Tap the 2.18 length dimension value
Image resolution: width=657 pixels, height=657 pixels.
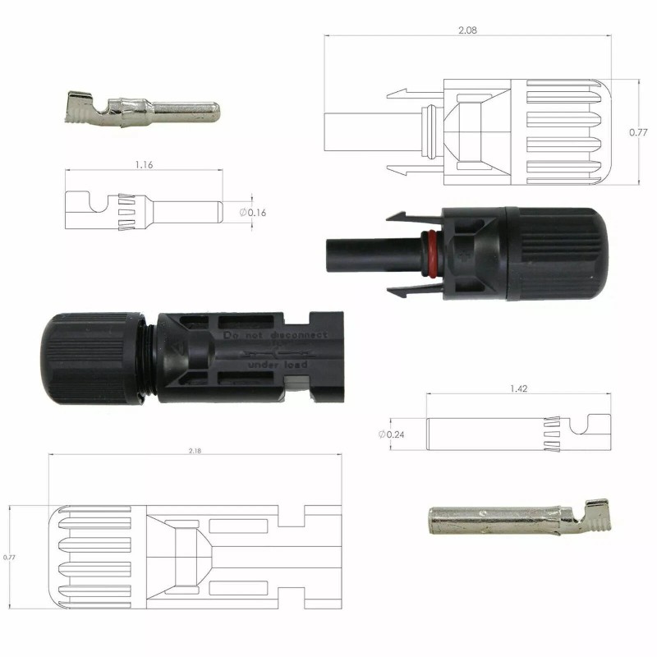(x=195, y=450)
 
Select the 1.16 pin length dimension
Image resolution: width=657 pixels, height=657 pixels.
(x=143, y=164)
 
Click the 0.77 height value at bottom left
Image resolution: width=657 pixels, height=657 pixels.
(x=10, y=557)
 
